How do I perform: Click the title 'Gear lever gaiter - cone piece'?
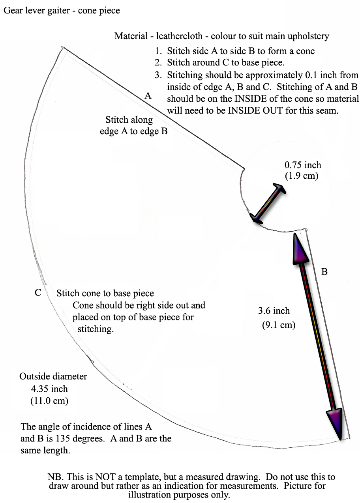[x=62, y=11]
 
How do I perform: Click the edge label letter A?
[x=148, y=95]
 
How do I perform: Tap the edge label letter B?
[x=324, y=272]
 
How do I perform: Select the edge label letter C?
[x=38, y=293]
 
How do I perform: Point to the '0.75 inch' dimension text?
[x=303, y=165]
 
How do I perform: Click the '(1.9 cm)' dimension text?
[x=302, y=176]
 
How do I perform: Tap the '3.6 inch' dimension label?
[x=274, y=311]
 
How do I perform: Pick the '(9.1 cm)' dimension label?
[x=279, y=325]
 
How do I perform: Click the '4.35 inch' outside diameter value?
[x=49, y=389]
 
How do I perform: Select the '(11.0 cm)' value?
[x=49, y=401]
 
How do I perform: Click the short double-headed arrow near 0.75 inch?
[x=268, y=203]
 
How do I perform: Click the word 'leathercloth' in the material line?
[x=179, y=36]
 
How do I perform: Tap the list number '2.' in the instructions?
[x=158, y=62]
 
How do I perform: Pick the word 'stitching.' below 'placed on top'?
[x=96, y=329]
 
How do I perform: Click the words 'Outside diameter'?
[x=53, y=376]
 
